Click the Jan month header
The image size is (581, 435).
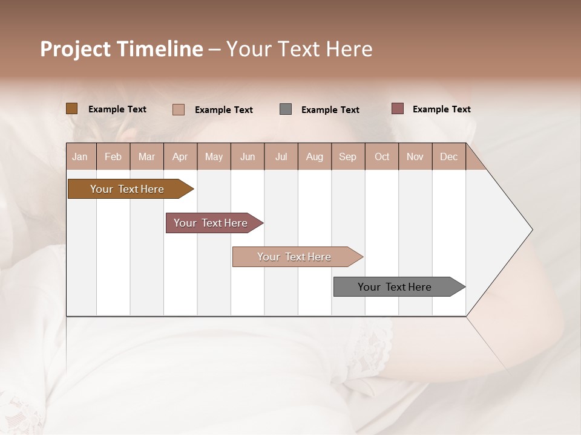tap(80, 156)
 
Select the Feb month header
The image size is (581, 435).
tap(113, 156)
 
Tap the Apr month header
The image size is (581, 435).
tap(180, 156)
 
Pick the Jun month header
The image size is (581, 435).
tap(248, 156)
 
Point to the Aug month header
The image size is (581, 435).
tap(315, 156)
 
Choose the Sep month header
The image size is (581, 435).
tap(348, 156)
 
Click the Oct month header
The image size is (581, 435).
tap(382, 156)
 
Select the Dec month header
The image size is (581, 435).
tap(449, 156)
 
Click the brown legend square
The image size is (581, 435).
tap(72, 109)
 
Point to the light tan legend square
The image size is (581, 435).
tap(179, 109)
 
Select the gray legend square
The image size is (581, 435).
tap(286, 109)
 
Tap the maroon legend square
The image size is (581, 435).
tap(398, 109)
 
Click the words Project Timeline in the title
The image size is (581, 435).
tap(122, 49)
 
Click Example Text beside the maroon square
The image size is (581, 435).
tap(441, 109)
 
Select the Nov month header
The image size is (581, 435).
tap(415, 156)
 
